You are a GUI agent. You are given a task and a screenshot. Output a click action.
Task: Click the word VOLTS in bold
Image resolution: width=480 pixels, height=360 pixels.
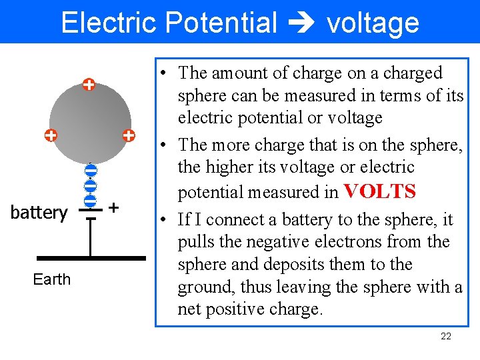click(x=379, y=192)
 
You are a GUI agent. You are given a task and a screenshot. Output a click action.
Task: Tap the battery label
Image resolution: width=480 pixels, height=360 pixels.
click(x=39, y=213)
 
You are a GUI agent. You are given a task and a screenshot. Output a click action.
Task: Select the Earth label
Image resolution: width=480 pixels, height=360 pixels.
click(x=51, y=279)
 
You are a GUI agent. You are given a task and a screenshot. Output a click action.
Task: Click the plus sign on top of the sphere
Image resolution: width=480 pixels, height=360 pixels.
click(x=88, y=85)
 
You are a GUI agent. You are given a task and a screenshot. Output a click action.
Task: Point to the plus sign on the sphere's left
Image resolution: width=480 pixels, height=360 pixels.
click(x=50, y=135)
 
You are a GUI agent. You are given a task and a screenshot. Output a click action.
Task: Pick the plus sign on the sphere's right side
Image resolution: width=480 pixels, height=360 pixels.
click(x=129, y=135)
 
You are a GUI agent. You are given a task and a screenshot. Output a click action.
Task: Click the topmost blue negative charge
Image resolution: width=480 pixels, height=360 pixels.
click(x=91, y=171)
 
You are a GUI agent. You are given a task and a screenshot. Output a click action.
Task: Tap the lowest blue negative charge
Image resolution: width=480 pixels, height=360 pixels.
click(x=91, y=200)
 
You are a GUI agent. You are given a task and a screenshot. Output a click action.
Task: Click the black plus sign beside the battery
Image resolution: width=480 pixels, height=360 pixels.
click(x=114, y=208)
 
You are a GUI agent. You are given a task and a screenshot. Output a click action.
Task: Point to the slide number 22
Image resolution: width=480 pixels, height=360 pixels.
click(x=446, y=336)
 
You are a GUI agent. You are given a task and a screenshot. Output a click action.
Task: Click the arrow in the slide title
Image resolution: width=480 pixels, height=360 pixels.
click(x=301, y=23)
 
